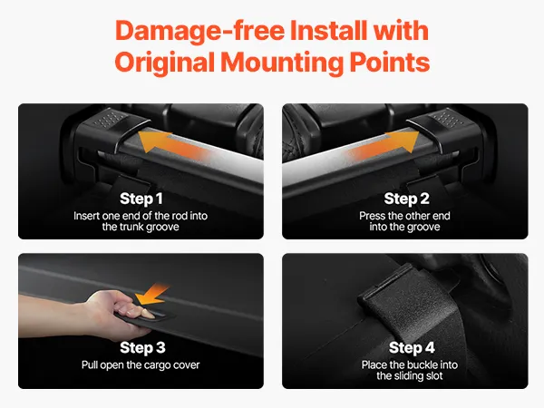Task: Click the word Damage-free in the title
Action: tap(199, 31)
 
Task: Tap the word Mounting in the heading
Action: tap(282, 63)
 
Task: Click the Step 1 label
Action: tap(141, 199)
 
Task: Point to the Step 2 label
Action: tap(406, 199)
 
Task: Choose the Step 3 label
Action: tap(142, 347)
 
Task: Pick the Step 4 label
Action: tap(412, 347)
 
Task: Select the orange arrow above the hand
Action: tap(152, 295)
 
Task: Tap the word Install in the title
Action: tap(328, 31)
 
